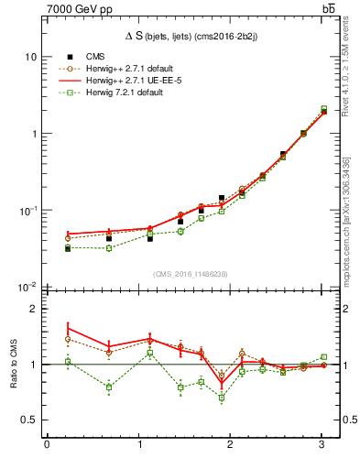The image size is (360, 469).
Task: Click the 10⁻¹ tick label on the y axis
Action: tap(27, 210)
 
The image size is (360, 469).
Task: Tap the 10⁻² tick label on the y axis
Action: tap(27, 287)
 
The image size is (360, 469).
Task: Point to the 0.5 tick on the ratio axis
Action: tap(29, 420)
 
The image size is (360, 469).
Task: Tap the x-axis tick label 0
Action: tap(47, 446)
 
